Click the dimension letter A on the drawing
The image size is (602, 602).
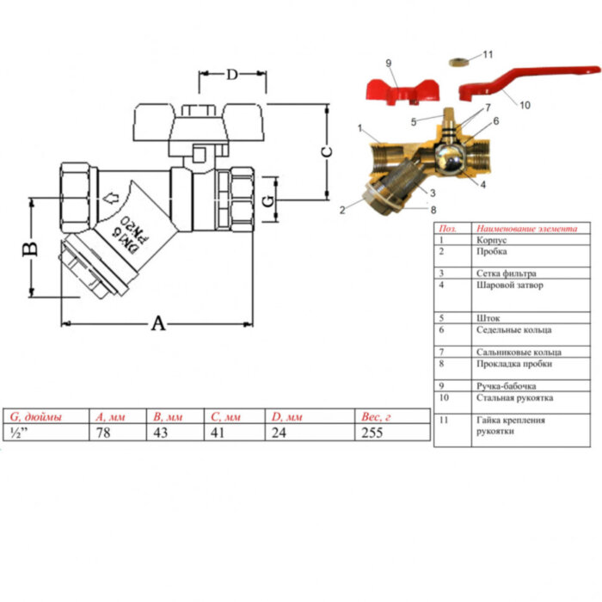pyautogui.click(x=158, y=323)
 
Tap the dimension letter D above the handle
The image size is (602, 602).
pyautogui.click(x=232, y=74)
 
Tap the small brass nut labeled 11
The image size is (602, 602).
pyautogui.click(x=461, y=63)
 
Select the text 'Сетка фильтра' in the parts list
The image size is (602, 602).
pyautogui.click(x=501, y=273)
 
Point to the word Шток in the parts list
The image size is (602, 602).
pyautogui.click(x=486, y=317)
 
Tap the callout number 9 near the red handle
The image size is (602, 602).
pyautogui.click(x=388, y=64)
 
